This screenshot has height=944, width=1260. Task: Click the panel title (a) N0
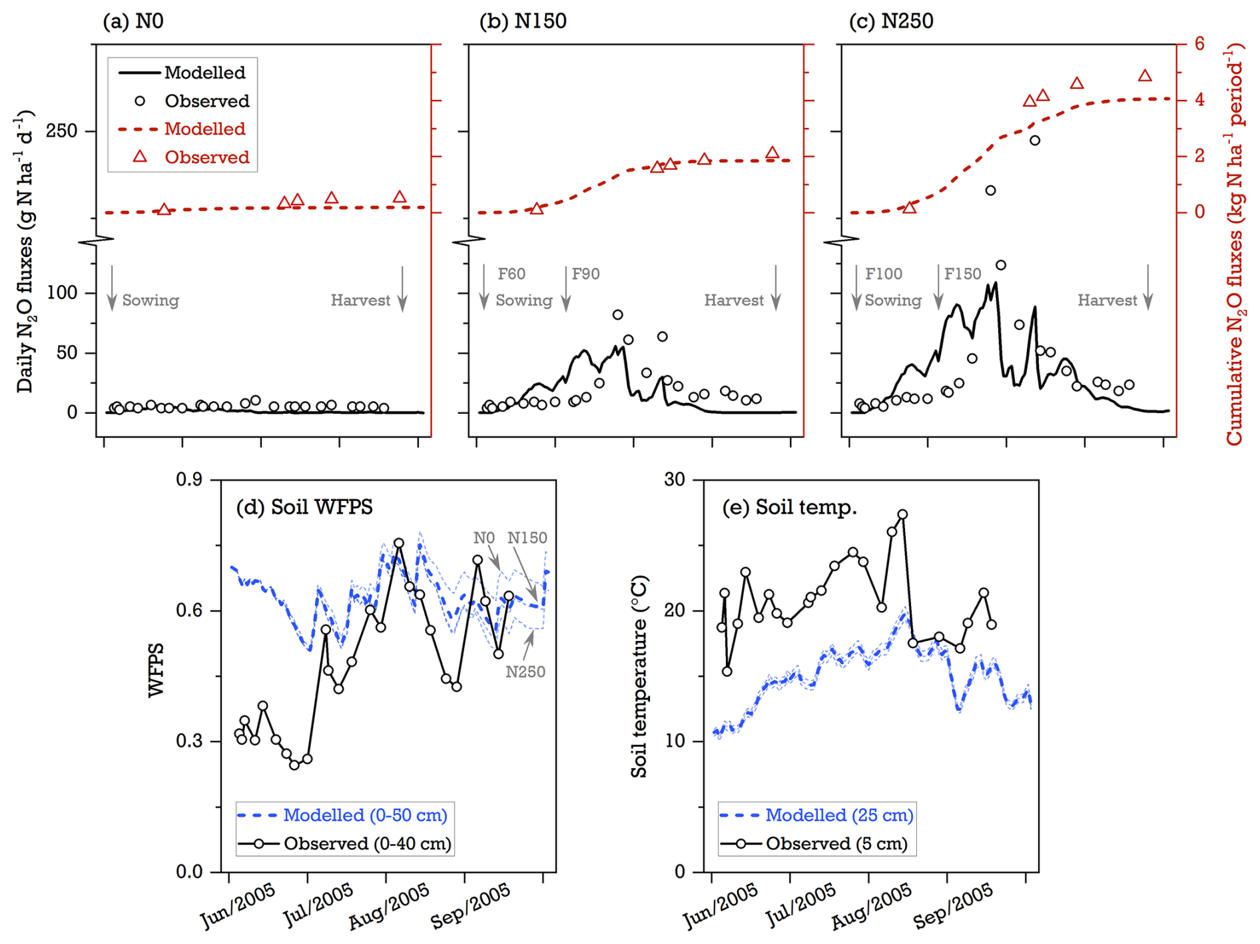pyautogui.click(x=133, y=21)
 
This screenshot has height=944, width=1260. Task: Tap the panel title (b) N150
pyautogui.click(x=523, y=21)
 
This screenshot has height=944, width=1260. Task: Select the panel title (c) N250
pyautogui.click(x=891, y=21)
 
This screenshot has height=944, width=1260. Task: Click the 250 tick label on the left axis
pyautogui.click(x=61, y=131)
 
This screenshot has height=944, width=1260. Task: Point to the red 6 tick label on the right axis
pyautogui.click(x=1199, y=44)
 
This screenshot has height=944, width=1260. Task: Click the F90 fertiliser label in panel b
pyautogui.click(x=585, y=274)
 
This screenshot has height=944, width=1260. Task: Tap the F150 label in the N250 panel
pyautogui.click(x=962, y=274)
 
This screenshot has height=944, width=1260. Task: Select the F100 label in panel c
pyautogui.click(x=883, y=274)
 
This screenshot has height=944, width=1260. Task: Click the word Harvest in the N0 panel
pyautogui.click(x=360, y=300)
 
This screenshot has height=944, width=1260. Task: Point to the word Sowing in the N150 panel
pyautogui.click(x=523, y=300)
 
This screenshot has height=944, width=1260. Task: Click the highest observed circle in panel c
pyautogui.click(x=1035, y=141)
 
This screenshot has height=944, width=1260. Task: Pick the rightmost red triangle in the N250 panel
pyautogui.click(x=1145, y=76)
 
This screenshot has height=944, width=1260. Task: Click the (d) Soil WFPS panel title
pyautogui.click(x=304, y=508)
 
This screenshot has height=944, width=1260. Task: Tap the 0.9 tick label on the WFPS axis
pyautogui.click(x=189, y=480)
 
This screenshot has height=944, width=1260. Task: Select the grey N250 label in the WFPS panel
pyautogui.click(x=525, y=672)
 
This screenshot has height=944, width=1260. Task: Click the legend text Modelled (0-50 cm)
pyautogui.click(x=365, y=815)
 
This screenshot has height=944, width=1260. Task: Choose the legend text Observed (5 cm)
pyautogui.click(x=836, y=844)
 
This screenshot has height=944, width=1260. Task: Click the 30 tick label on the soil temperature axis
pyautogui.click(x=674, y=480)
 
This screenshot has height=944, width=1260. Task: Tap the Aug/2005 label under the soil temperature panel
pyautogui.click(x=871, y=907)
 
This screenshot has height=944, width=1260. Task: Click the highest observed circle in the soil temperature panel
pyautogui.click(x=902, y=514)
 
